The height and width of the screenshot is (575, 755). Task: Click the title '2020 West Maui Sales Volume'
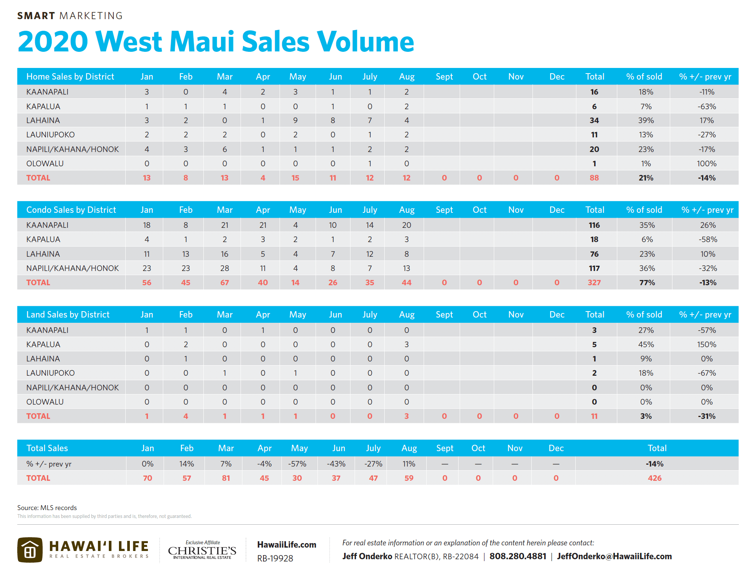216,41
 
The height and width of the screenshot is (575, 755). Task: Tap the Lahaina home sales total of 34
594,120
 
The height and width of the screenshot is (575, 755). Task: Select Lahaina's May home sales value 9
295,120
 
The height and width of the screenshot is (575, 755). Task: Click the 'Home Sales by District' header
70,77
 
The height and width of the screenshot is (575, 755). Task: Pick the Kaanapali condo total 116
594,225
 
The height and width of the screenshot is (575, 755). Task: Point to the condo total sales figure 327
594,283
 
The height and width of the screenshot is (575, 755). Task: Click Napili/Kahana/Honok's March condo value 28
224,268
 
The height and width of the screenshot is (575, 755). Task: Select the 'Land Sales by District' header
68,315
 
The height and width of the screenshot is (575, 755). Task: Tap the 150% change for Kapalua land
707,345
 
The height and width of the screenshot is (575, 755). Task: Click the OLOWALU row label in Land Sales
45,402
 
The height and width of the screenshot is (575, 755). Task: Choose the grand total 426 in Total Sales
654,478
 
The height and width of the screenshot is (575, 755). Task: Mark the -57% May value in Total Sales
297,464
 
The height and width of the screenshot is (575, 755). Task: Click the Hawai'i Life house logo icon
30,550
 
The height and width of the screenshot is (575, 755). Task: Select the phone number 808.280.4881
518,556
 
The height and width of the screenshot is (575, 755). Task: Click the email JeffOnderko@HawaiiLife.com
614,556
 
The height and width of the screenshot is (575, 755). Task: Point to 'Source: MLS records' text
47,508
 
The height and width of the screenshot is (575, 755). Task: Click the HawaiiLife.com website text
287,545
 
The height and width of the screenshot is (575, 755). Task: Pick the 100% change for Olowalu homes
707,164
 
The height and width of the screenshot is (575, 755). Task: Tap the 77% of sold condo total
647,283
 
